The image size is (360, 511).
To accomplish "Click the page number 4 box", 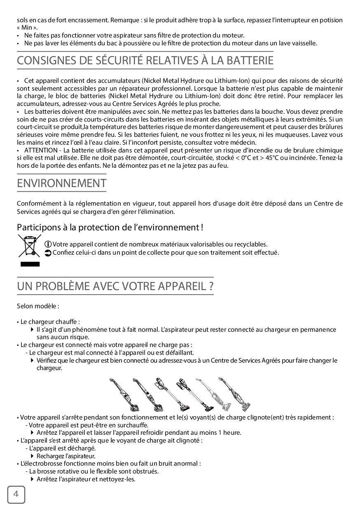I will click(x=16, y=495).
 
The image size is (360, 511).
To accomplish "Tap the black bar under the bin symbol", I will click(x=30, y=264).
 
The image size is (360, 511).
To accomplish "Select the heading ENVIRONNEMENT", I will click(x=61, y=183).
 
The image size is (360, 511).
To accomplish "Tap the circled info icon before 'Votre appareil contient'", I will click(x=48, y=244).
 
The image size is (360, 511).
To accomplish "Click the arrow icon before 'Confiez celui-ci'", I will click(x=48, y=253).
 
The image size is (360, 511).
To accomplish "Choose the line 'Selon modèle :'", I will click(x=38, y=307).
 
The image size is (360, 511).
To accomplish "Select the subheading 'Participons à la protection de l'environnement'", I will click(x=110, y=227).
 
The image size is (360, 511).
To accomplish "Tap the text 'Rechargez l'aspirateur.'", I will click(x=66, y=456).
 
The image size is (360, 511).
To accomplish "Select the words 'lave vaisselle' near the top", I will click(x=298, y=43).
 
